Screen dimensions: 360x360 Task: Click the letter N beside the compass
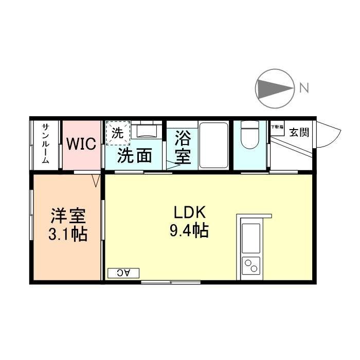coord(304,88)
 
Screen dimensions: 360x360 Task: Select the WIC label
coord(81,144)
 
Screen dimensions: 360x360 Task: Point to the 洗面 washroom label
coord(135,155)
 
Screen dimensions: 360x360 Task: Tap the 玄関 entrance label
coord(299,132)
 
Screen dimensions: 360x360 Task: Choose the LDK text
coord(189,212)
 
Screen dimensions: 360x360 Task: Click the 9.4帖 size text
coord(189,231)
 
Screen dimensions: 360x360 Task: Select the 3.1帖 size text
coord(67,234)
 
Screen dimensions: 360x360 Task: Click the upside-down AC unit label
coord(123,273)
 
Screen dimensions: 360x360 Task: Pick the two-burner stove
coord(251,266)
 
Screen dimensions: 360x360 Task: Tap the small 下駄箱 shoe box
coord(277,128)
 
